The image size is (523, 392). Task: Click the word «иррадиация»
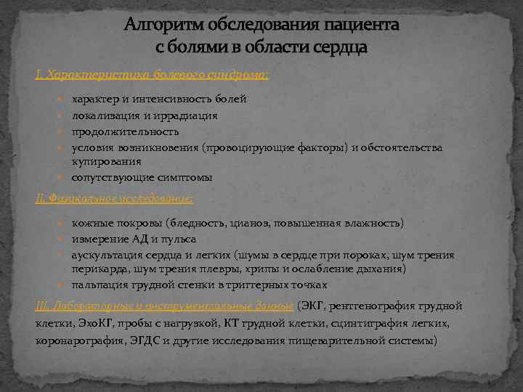tap(182, 115)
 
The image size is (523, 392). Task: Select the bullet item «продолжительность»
tap(125, 131)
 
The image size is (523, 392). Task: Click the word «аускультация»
tap(106, 255)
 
